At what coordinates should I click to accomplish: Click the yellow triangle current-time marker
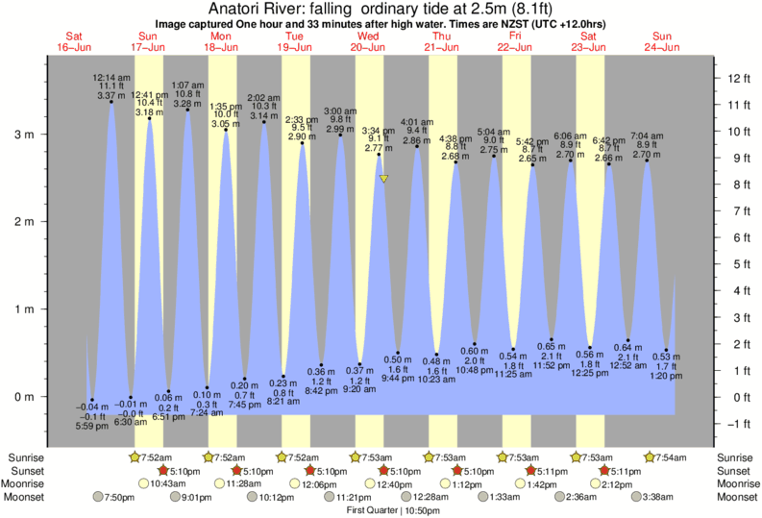tap(383, 179)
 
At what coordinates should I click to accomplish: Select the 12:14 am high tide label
tap(111, 77)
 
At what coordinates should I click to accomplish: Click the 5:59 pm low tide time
tap(90, 426)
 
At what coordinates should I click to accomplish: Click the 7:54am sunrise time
tap(670, 456)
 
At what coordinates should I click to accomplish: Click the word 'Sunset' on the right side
tap(736, 470)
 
